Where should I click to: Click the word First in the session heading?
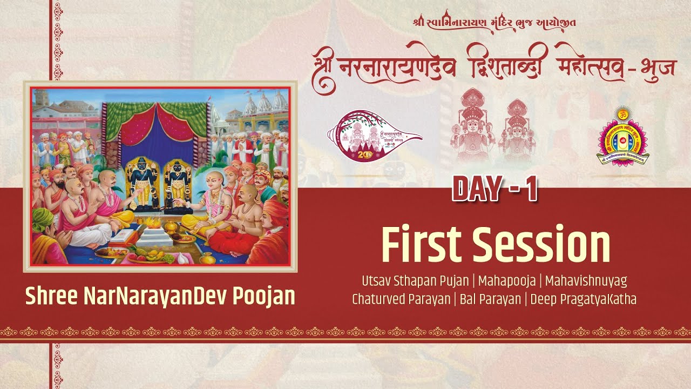421,245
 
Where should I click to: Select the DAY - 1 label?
494,190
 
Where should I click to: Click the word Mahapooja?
506,281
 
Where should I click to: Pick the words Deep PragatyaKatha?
584,299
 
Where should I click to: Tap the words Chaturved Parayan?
401,299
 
